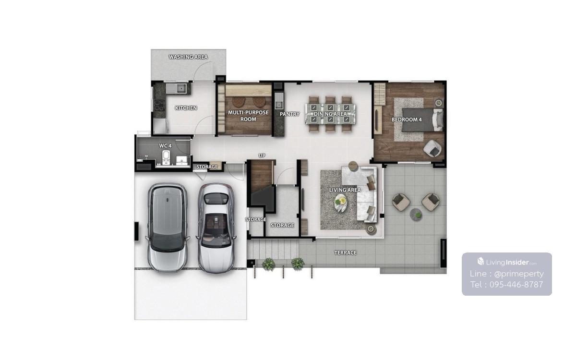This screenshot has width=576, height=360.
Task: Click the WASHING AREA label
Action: point(188,57)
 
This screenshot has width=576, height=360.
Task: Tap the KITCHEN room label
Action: point(186,108)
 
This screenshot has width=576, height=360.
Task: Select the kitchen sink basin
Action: point(181,88)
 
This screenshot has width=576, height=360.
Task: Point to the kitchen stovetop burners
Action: point(159,105)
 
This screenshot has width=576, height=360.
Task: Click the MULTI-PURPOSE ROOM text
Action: point(248,116)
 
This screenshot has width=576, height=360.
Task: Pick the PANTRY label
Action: point(289,114)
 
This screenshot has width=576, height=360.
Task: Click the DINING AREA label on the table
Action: point(330,114)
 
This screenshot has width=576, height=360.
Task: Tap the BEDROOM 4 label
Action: point(407,120)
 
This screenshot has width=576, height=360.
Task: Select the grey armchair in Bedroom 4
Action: point(432,148)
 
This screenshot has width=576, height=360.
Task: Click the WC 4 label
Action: point(165,146)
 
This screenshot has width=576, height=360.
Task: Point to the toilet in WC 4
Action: point(166,157)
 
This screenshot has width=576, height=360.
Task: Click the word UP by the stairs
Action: point(262,156)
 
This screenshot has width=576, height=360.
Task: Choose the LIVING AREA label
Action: point(345,190)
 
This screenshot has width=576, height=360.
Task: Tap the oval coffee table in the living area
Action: point(340,203)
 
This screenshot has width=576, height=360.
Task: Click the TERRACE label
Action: point(345,253)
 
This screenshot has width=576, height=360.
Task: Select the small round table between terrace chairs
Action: point(416,214)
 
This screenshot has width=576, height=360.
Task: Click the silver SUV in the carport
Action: point(168,228)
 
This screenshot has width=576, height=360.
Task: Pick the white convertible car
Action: point(216,228)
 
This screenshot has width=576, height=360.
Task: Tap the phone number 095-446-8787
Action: point(516,285)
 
